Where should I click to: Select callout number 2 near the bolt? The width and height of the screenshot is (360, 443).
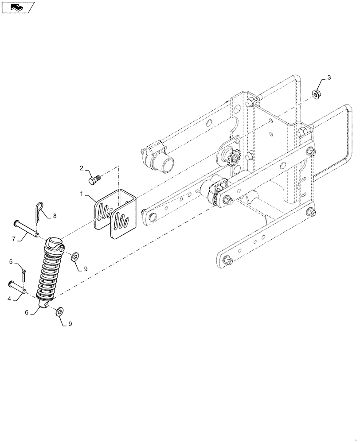[82, 168]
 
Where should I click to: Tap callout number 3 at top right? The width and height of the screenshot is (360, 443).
[329, 78]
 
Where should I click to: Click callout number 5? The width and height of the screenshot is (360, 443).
[11, 261]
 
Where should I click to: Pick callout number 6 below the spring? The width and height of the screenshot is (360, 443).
[27, 312]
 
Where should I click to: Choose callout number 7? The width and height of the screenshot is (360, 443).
[14, 239]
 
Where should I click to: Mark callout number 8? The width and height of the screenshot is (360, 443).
[55, 216]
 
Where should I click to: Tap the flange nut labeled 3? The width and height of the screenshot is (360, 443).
[316, 94]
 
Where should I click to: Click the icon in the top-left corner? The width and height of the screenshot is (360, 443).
[18, 7]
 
